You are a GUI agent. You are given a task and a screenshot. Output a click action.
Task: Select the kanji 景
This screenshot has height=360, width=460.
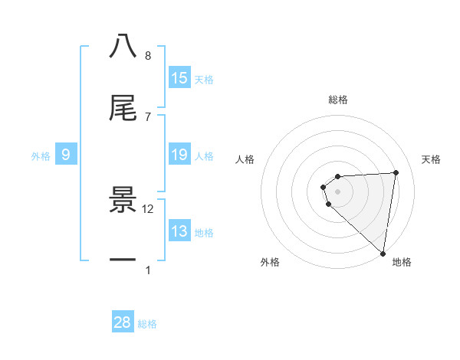click(123, 199)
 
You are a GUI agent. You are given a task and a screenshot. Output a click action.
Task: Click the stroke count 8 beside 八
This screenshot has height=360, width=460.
click(148, 55)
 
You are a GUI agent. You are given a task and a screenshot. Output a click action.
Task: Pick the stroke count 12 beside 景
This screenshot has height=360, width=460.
click(148, 208)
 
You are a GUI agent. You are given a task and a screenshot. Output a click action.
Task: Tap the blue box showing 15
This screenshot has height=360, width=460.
click(179, 78)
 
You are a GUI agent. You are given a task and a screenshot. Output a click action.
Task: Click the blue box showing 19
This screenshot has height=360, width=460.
click(179, 155)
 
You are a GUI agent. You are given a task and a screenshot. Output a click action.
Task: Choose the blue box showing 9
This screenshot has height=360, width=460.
click(66, 155)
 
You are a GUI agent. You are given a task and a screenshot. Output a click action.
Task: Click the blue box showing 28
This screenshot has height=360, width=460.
click(123, 322)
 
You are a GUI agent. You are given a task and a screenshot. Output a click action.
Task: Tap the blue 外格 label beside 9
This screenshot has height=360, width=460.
click(41, 156)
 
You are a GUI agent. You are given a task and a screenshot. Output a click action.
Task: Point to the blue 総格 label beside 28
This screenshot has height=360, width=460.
click(147, 324)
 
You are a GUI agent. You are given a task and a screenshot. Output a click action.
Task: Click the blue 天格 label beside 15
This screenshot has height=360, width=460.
click(204, 80)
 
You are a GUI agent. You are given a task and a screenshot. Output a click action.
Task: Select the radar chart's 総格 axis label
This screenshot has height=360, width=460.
click(338, 100)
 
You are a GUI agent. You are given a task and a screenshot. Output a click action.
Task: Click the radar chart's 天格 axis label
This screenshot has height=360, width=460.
click(432, 159)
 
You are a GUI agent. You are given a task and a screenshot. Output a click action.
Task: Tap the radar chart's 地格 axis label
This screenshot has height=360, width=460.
click(402, 262)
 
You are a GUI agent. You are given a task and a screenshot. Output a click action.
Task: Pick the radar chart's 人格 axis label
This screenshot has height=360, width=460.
click(245, 159)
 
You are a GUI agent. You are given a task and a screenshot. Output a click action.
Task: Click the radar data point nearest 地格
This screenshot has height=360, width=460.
click(383, 253)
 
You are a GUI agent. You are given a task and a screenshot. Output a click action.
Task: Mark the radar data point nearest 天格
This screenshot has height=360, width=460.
click(396, 172)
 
